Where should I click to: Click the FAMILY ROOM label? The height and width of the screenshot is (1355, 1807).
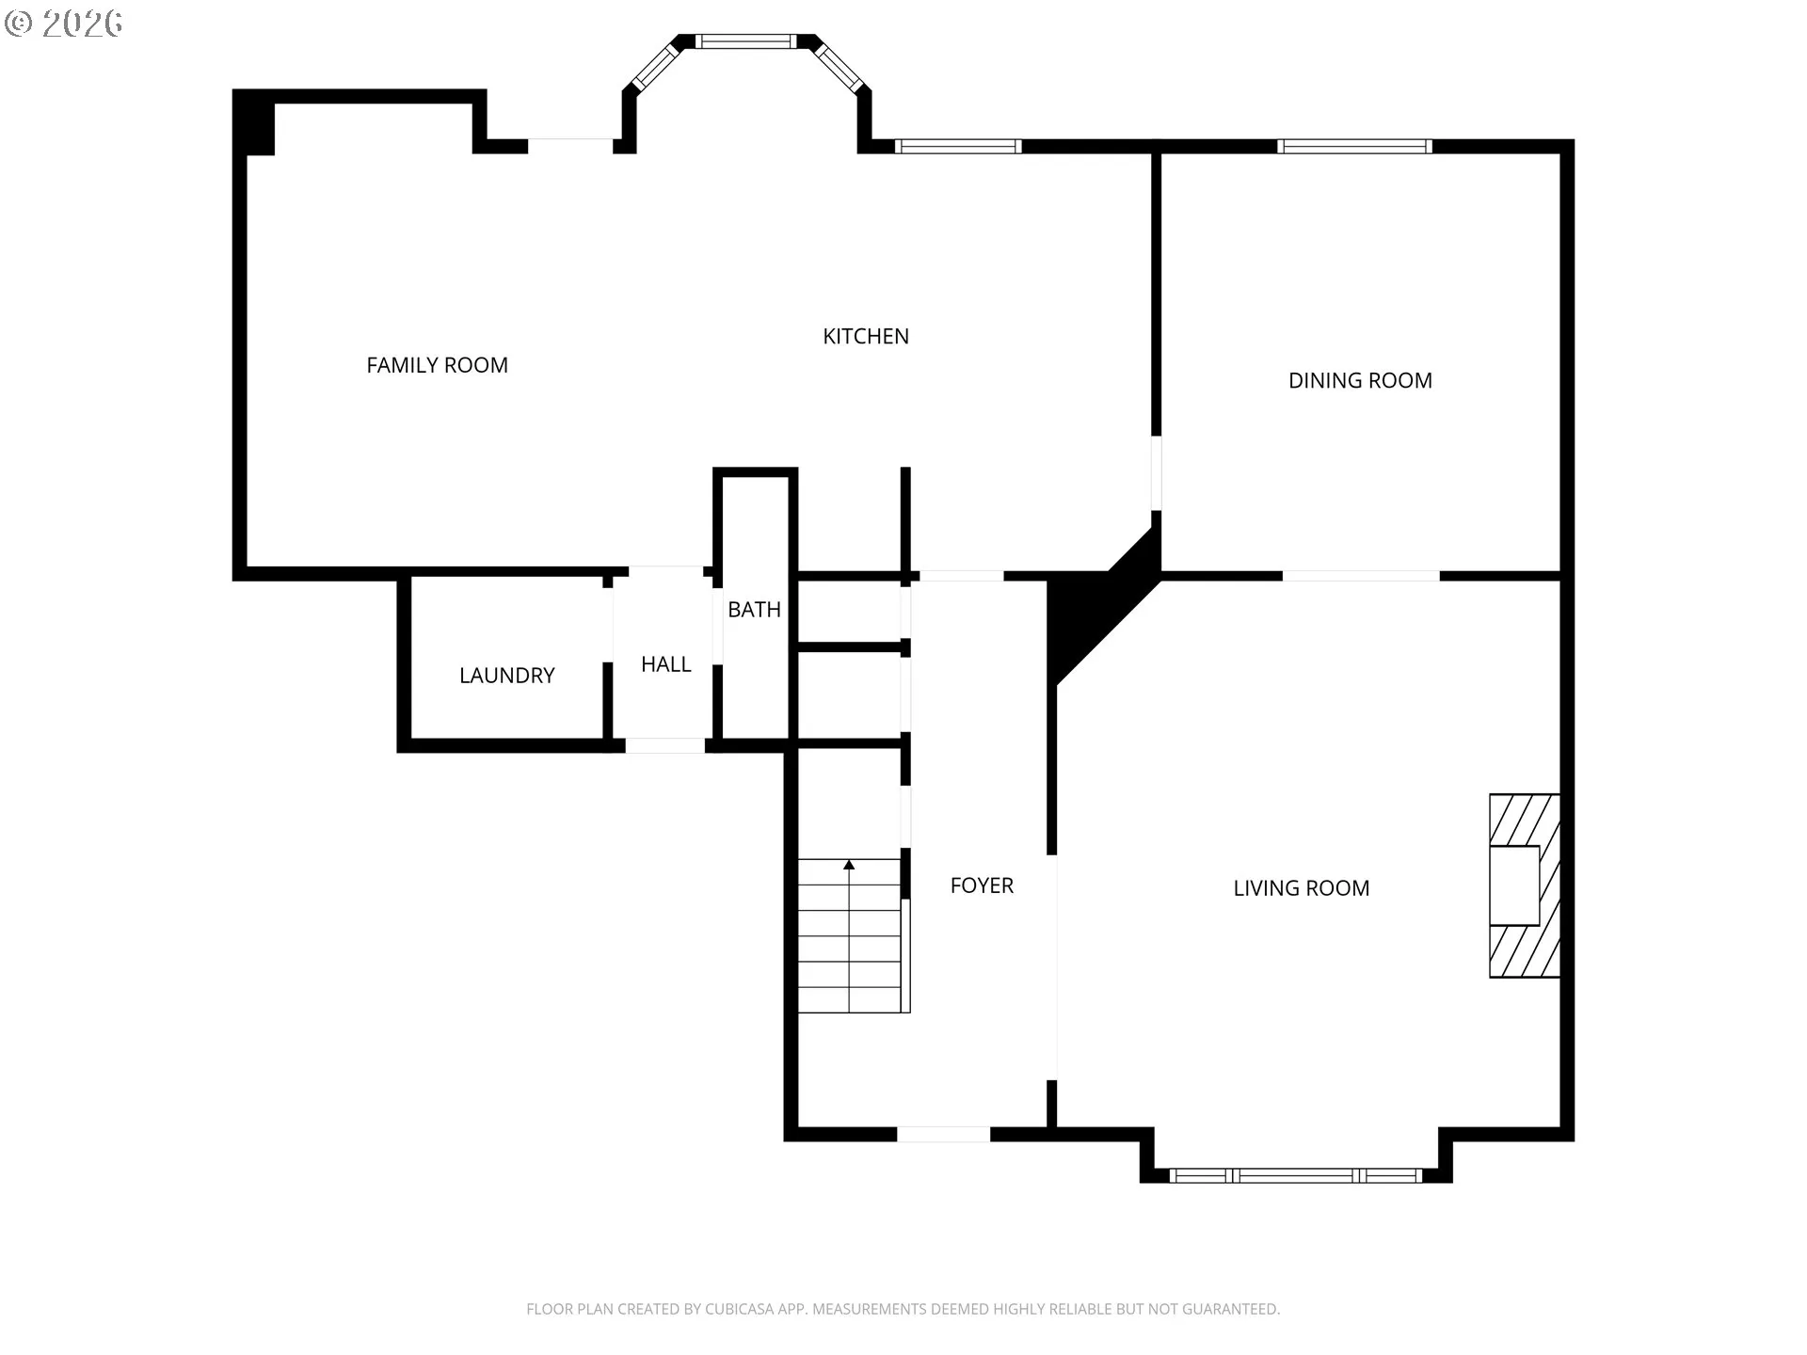[x=437, y=365]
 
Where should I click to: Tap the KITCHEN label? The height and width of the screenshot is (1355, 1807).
[x=866, y=336]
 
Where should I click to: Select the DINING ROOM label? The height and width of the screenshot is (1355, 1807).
[x=1360, y=380]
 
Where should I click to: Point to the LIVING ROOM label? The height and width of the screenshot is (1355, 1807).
[x=1302, y=887]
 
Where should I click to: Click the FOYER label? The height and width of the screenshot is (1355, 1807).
[x=982, y=885]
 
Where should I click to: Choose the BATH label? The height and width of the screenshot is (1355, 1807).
[x=754, y=609]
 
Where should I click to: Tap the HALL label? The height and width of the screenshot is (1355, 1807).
[x=665, y=664]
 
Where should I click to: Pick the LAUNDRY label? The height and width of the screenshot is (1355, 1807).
[x=506, y=676]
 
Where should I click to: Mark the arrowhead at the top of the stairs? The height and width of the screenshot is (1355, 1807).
[x=849, y=864]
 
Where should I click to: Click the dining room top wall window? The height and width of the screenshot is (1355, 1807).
[x=1354, y=146]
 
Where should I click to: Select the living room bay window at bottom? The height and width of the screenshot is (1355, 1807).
[x=1296, y=1175]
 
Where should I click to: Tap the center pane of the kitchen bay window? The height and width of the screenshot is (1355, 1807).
[x=745, y=41]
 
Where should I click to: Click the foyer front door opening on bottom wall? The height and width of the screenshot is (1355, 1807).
[x=943, y=1134]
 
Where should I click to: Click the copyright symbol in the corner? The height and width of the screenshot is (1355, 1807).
[x=19, y=24]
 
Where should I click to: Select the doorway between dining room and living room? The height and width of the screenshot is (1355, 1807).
[x=1361, y=575]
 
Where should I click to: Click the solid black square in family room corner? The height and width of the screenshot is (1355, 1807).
[x=253, y=122]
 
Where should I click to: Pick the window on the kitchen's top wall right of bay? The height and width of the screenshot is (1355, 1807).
[x=957, y=146]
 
